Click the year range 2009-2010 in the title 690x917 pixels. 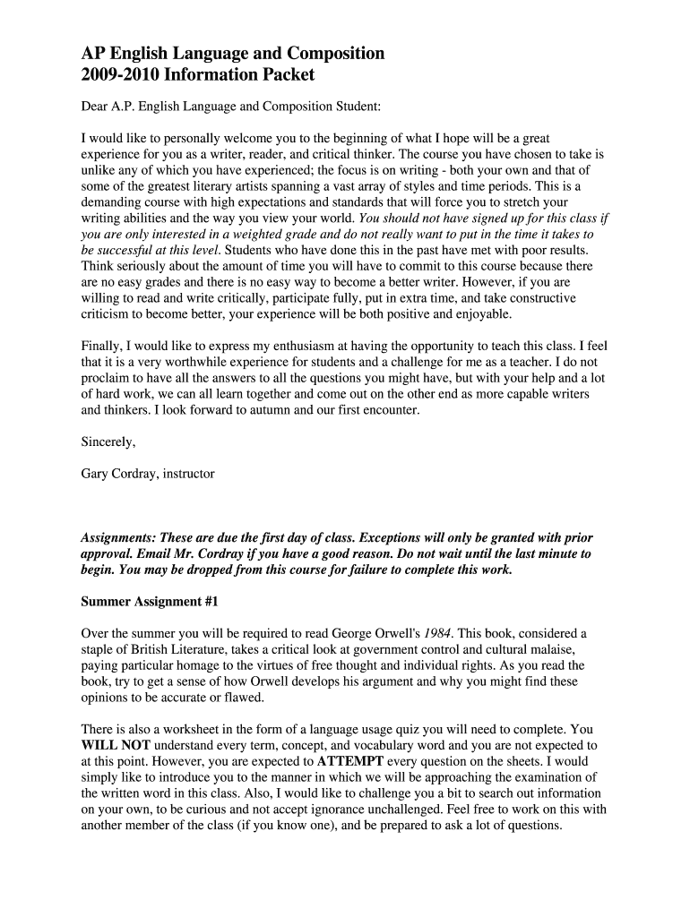117,76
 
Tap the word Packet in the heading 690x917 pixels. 283,76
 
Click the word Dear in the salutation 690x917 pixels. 95,107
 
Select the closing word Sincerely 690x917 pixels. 108,441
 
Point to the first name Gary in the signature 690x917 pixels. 95,473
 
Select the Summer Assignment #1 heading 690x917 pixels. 150,602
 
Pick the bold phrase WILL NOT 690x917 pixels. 116,745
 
